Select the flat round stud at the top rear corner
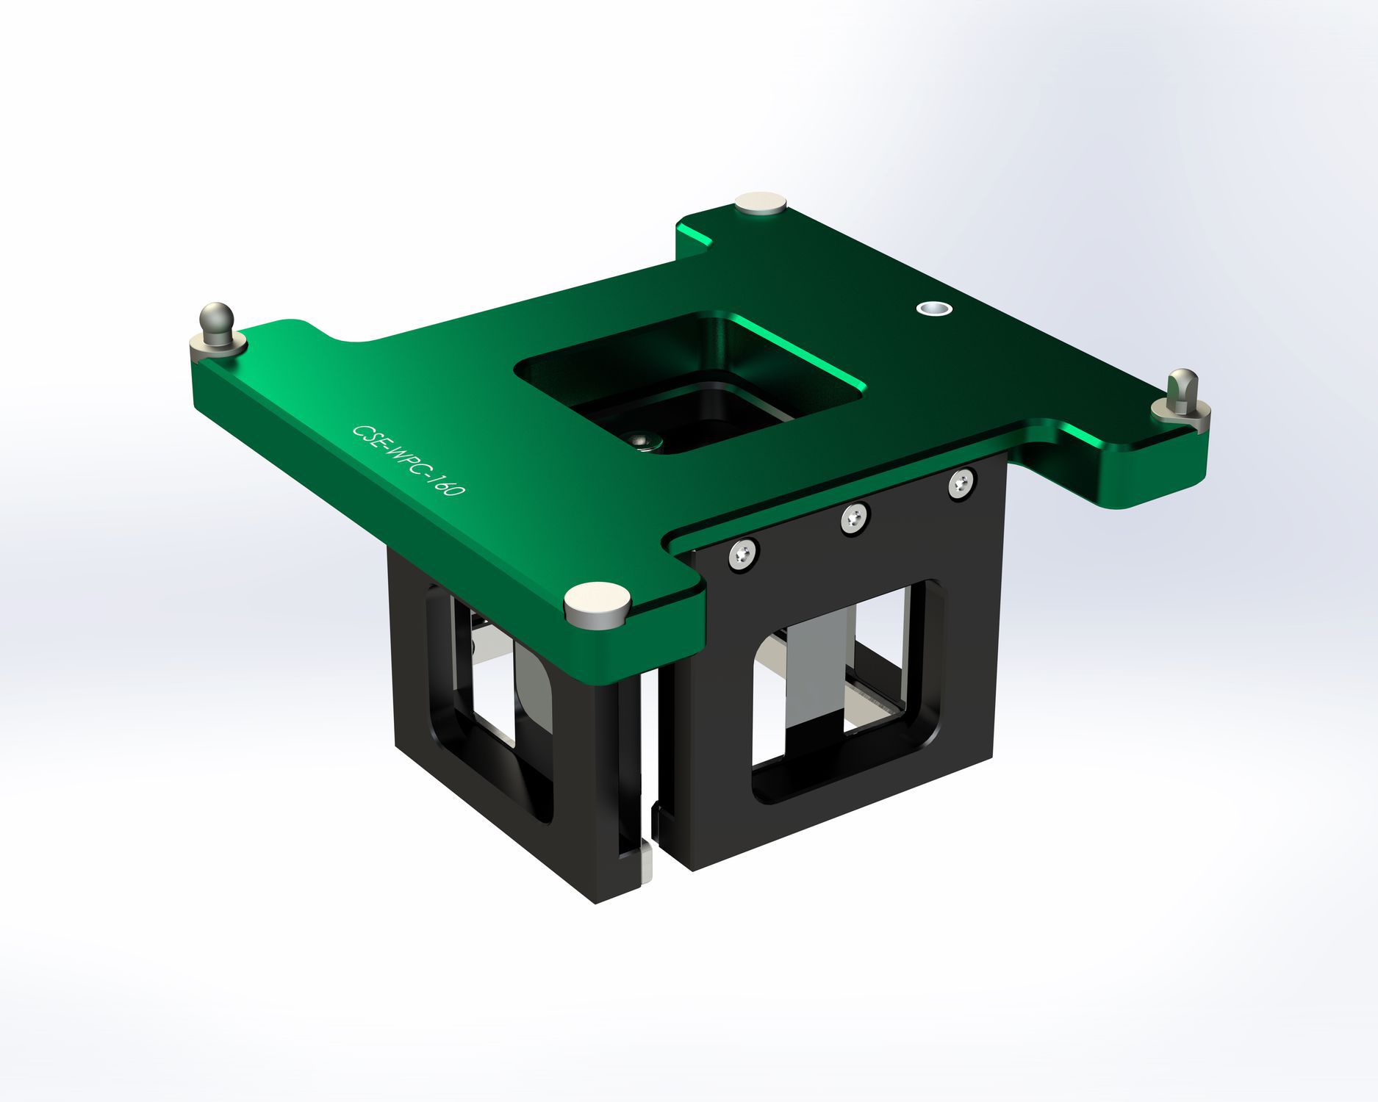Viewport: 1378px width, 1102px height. pos(761,202)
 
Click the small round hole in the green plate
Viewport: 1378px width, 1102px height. pos(933,309)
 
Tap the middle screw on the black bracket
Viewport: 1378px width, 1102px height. pos(855,518)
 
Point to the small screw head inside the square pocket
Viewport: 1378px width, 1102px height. pos(644,440)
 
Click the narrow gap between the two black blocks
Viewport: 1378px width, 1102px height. pos(653,808)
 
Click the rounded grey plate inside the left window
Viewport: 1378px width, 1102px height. pos(532,691)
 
